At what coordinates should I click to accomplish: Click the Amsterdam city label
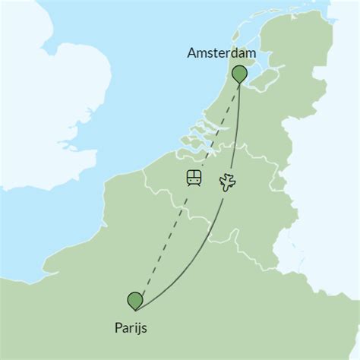point(221,54)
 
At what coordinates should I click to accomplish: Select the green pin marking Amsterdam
point(240,73)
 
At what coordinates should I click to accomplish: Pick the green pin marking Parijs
point(136,300)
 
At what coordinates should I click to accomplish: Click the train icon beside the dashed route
point(194,178)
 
